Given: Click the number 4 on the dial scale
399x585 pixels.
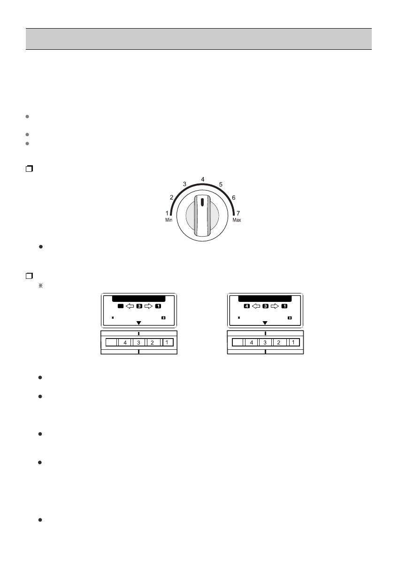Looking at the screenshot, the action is click(x=202, y=179).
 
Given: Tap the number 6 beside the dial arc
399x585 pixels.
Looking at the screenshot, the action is click(x=233, y=198).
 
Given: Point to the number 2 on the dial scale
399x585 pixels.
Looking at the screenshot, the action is click(x=171, y=198).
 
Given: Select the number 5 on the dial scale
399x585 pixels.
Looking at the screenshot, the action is click(x=221, y=185).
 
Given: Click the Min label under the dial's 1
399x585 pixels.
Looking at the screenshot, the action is click(x=169, y=220).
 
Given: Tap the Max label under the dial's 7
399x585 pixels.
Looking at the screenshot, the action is click(x=237, y=220).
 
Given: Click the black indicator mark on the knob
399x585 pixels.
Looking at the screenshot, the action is click(x=202, y=202).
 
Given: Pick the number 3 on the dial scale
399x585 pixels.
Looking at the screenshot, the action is click(x=184, y=184).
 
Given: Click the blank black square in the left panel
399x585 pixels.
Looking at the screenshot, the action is click(x=120, y=306).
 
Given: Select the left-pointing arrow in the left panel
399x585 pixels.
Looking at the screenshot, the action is click(x=130, y=306).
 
